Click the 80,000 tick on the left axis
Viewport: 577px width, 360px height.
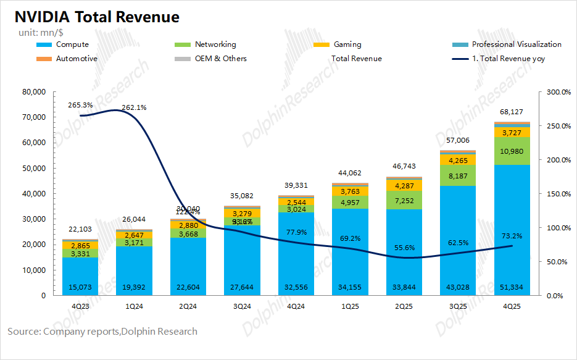pyautogui.click(x=34, y=92)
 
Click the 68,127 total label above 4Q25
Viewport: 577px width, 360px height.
pyautogui.click(x=512, y=112)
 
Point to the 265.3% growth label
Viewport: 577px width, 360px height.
pyautogui.click(x=80, y=105)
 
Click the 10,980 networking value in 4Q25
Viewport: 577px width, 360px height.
pyautogui.click(x=512, y=152)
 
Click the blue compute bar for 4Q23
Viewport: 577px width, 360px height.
pyautogui.click(x=80, y=272)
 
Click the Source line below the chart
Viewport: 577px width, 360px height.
pyautogui.click(x=102, y=332)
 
